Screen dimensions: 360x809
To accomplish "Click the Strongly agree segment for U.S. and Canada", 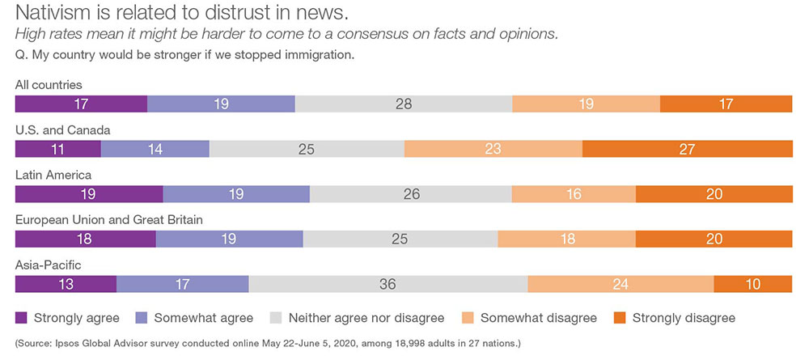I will (58, 149).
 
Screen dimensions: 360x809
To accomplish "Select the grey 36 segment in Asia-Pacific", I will (388, 284).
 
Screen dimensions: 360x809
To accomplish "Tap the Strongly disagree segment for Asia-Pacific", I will (752, 284).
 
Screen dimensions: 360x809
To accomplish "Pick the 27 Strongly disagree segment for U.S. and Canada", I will (687, 149).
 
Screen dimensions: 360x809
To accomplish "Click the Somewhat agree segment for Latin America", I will (236, 194).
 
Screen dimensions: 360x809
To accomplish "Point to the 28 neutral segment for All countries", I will (404, 104).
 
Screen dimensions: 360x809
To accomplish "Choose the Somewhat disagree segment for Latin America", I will (574, 194).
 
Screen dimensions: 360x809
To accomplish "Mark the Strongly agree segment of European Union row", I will (86, 239).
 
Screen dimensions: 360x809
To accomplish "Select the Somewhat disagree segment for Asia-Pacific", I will (621, 284).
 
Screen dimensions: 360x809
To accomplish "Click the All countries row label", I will (49, 85).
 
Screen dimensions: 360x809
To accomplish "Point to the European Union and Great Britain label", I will (109, 219).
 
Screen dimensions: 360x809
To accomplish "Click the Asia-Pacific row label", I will (49, 265).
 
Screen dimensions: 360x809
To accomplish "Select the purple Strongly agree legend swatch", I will (22, 318).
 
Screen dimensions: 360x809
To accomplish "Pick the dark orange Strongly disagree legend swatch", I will (621, 318).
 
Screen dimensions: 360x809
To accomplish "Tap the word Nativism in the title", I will (54, 14).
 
